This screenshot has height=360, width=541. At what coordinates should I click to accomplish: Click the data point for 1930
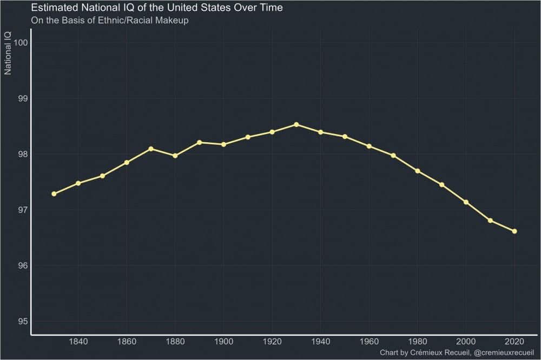296,125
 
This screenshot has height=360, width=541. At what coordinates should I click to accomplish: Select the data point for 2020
514,231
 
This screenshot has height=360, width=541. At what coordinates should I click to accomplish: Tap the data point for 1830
54,194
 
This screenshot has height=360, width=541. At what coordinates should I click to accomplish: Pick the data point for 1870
151,149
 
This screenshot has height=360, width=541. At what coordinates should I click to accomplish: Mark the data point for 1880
175,156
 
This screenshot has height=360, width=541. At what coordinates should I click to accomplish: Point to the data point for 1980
418,171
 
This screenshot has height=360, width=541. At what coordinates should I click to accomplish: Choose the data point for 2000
466,202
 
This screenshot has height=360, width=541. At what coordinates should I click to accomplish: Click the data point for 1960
369,146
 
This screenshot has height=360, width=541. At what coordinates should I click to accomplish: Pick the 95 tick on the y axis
22,322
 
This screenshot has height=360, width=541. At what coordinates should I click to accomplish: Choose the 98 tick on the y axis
22,155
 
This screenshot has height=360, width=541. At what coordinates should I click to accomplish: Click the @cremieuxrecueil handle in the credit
504,352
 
